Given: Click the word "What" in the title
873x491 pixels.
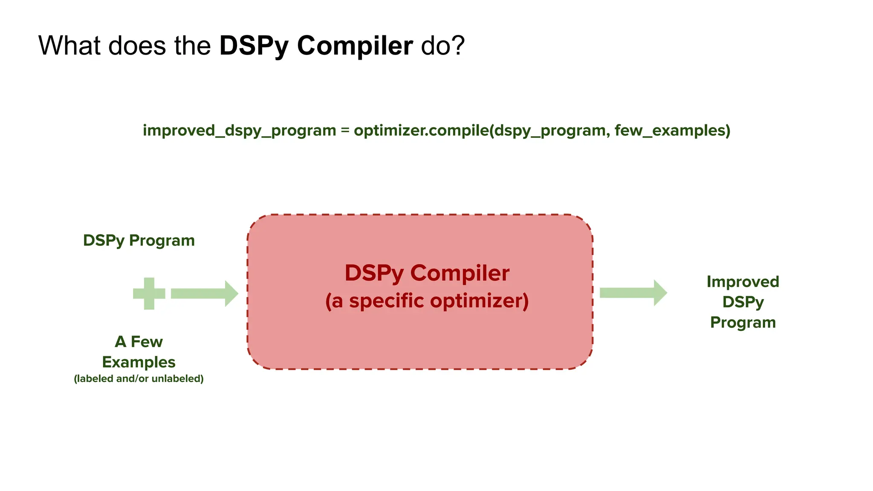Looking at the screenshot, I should [x=69, y=45].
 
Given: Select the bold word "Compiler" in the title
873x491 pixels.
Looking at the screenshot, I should [x=355, y=45].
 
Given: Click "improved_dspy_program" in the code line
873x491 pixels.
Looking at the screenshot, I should [x=239, y=130].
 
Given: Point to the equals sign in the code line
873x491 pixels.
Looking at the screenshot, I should [x=345, y=130].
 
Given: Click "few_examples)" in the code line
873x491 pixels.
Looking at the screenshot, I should [x=672, y=130].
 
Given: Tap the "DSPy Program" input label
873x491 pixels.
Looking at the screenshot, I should [x=139, y=240].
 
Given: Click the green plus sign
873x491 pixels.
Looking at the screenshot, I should [x=149, y=294].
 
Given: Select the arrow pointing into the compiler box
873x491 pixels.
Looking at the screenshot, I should [x=204, y=294].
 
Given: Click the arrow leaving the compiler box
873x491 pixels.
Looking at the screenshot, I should [x=633, y=293].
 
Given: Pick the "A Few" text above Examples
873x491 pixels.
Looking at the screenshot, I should [x=139, y=341].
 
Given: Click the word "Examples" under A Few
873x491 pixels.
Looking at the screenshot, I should [x=139, y=362].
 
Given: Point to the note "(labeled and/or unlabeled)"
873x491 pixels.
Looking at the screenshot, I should [x=139, y=378].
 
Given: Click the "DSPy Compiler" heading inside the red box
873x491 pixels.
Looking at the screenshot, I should [x=427, y=273].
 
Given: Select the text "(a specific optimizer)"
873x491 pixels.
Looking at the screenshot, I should [x=427, y=301].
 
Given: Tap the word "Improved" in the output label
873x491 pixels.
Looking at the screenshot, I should [x=743, y=282].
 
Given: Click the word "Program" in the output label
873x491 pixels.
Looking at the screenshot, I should [x=743, y=322].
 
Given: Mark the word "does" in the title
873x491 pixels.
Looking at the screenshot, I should [x=137, y=45].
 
